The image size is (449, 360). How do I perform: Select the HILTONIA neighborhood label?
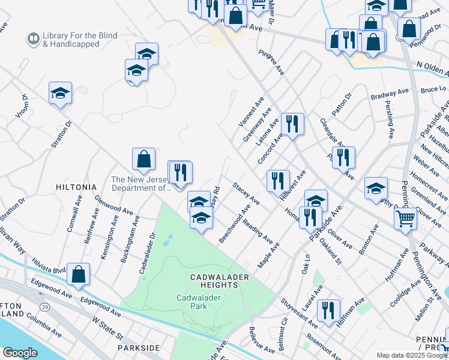coord(76,187)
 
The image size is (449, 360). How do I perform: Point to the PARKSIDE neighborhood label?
coord(139,348)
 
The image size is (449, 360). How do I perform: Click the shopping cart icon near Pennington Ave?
coord(406,219)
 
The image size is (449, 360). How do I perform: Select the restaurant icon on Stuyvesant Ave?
coord(328,310)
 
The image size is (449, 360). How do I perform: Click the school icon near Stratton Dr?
coord(60,93)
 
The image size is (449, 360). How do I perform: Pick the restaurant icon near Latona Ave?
coord(292,124)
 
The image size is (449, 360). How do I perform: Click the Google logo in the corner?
coord(20,353)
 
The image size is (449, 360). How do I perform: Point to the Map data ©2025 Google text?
coord(412,355)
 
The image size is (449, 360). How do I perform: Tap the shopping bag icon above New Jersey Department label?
coord(144,159)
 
